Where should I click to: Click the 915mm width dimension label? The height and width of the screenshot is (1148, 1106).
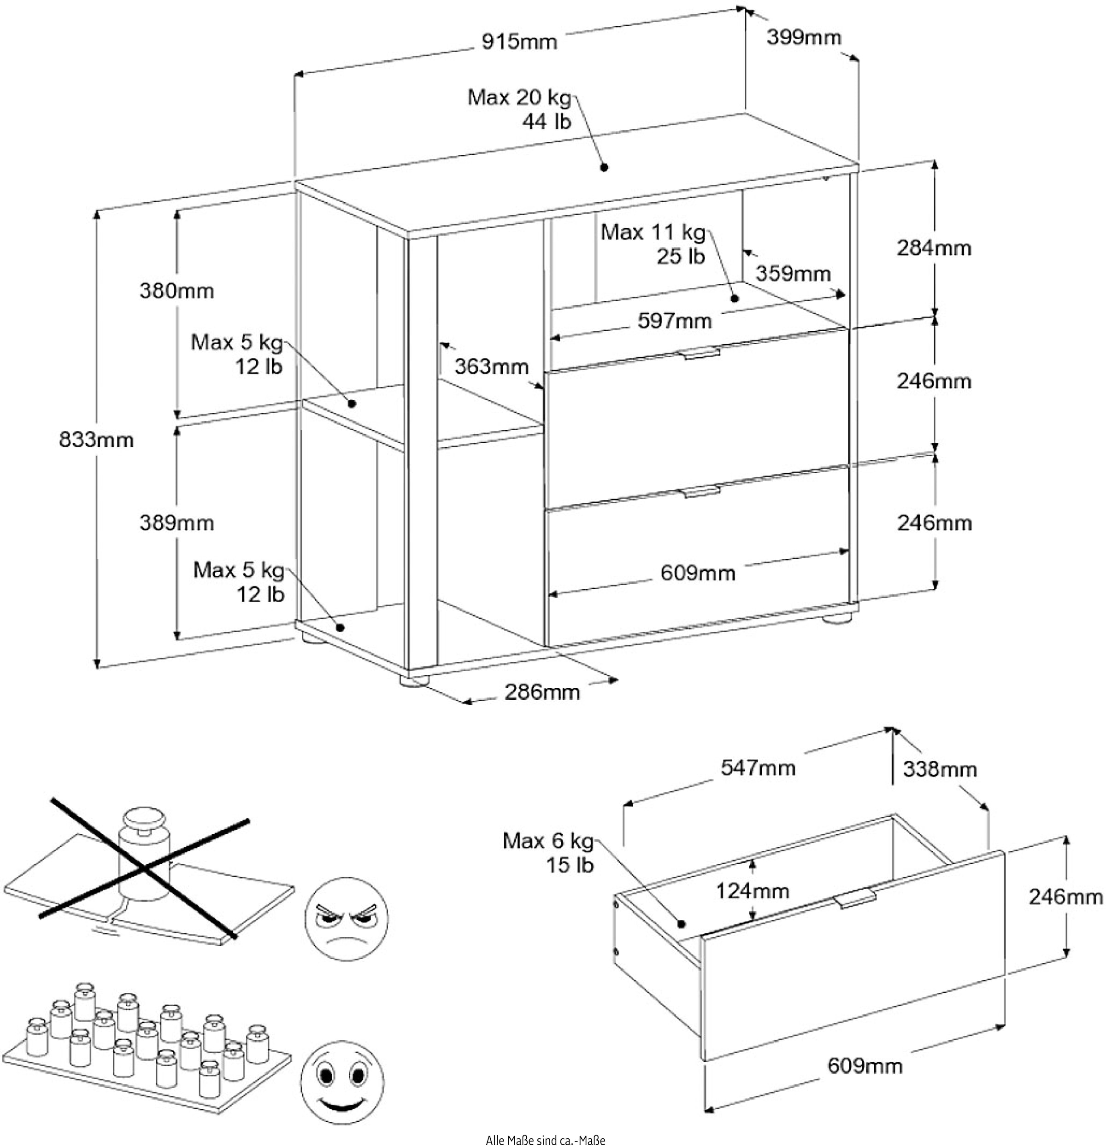[519, 41]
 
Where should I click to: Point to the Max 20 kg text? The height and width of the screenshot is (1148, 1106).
[518, 97]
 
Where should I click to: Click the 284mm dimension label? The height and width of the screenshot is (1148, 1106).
[934, 248]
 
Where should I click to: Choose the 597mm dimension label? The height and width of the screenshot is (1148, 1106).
[675, 320]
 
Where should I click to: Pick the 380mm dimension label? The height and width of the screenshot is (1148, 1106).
[176, 291]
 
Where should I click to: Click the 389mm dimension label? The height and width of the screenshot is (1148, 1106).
[176, 522]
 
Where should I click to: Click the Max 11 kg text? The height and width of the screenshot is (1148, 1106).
[653, 233]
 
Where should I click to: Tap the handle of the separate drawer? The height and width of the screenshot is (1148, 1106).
[856, 897]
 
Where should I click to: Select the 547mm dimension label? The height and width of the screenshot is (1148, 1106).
[758, 767]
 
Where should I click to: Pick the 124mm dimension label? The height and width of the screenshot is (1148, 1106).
[752, 891]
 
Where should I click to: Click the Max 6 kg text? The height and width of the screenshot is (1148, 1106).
[548, 841]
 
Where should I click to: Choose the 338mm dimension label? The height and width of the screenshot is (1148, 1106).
[940, 768]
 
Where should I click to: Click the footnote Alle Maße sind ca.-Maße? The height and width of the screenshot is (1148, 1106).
[545, 1140]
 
